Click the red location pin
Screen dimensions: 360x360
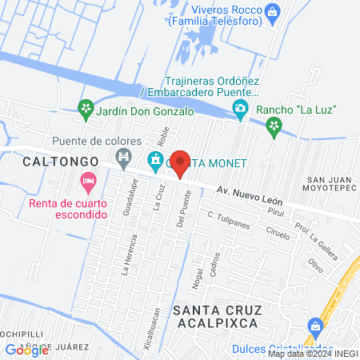(181, 162)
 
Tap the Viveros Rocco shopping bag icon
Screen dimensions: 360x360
(274, 10)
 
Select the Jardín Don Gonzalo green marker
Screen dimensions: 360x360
(85, 107)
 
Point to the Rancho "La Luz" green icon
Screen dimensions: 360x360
(274, 124)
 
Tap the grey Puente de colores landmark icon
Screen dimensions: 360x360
(123, 158)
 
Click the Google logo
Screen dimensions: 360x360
(26, 350)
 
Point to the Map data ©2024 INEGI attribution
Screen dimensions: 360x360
(311, 354)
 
